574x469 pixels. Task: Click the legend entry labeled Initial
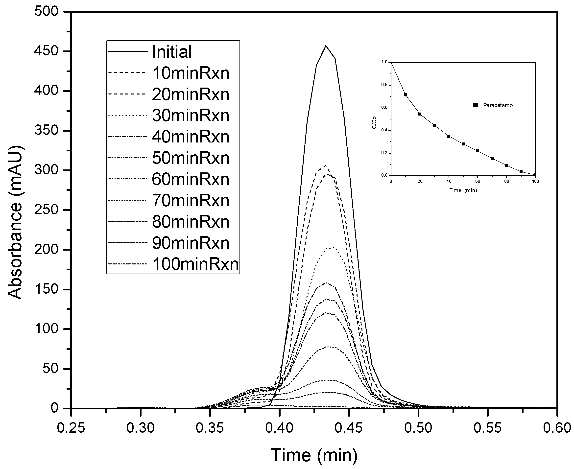coord(172,52)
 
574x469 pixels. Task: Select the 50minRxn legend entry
coord(191,158)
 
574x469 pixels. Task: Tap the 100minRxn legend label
coord(196,264)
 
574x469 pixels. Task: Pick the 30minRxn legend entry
coord(191,116)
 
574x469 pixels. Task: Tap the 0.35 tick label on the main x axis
coord(210,428)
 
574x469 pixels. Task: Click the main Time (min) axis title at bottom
coord(314,455)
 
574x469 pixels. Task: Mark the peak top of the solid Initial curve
coord(326,46)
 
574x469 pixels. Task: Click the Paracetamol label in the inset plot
coord(498,105)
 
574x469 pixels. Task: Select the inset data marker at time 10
coord(405,95)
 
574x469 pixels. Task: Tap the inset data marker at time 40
coord(449,136)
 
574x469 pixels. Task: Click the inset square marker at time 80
coord(506,165)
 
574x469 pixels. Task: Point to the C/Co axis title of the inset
coord(374,123)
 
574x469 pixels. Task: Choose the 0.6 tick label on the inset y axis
coord(384,108)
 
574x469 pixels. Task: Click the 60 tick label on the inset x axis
coord(478,181)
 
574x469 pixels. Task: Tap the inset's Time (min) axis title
coord(463,190)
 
